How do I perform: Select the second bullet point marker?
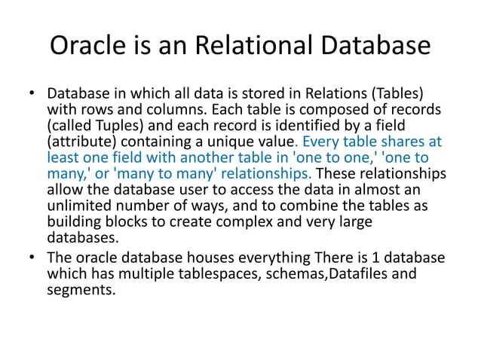tap(32, 258)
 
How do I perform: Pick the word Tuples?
tap(111, 127)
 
